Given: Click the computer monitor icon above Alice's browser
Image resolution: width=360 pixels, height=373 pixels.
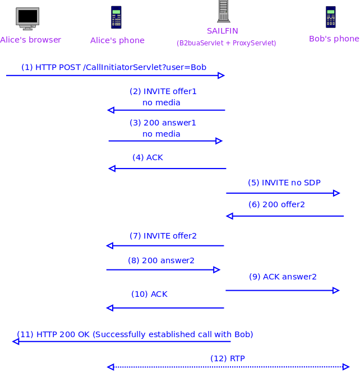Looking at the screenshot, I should point(27,18).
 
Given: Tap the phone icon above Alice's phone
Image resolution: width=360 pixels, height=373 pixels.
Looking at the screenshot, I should point(116,17).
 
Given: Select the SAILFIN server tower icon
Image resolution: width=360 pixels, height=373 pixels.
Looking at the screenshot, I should point(224,11).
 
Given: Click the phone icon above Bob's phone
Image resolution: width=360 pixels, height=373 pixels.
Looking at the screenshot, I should point(331,17).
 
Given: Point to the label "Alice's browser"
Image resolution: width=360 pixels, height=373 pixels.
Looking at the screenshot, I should point(31,40).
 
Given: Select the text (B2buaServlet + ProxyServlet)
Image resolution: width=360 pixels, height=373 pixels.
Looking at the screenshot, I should point(226,43).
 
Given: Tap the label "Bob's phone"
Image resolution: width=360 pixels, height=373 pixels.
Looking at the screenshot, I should point(334,39).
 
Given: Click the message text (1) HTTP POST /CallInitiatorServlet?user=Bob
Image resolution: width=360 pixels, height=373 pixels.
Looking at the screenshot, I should point(114,67).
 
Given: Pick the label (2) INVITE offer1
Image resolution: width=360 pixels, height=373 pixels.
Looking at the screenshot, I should point(163,91).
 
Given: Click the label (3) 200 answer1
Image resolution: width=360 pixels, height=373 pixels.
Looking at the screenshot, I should point(163,123).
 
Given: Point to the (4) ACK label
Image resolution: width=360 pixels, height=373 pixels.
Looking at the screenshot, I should point(147,157).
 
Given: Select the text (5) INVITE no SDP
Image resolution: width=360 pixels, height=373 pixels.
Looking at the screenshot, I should point(284,183).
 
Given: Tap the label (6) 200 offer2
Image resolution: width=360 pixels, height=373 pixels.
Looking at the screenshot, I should point(276,204).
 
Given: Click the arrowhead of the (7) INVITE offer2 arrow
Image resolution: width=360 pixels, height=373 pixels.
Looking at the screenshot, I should point(110,245).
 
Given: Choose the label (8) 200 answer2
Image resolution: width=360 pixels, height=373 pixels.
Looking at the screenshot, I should point(161,260).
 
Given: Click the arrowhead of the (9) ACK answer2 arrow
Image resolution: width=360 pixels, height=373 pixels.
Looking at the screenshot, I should point(336,290).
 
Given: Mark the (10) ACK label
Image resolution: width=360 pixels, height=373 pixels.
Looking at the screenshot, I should point(149,294).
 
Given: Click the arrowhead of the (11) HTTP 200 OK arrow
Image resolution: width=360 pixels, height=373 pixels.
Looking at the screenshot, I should point(16,341).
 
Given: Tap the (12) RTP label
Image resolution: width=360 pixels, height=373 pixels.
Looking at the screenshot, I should point(227,358).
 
